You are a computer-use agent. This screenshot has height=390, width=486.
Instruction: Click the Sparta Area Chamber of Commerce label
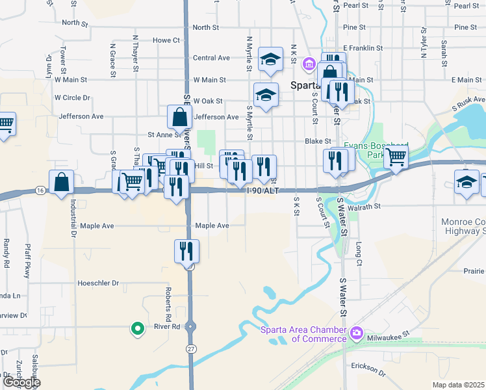click(x=303, y=333)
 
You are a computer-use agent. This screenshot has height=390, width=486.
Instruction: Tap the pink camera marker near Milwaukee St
click(x=356, y=334)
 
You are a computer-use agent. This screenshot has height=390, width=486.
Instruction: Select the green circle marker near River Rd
click(x=137, y=329)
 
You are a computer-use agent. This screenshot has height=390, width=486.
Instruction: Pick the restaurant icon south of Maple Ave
click(x=186, y=251)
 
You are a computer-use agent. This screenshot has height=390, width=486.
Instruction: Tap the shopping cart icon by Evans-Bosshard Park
click(x=396, y=157)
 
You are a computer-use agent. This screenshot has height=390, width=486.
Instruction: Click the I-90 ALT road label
click(x=263, y=190)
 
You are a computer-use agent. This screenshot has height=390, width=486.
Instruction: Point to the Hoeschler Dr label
click(x=98, y=283)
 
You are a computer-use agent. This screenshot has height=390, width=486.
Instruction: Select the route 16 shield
click(x=41, y=189)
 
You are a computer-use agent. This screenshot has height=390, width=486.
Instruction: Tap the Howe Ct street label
click(x=166, y=40)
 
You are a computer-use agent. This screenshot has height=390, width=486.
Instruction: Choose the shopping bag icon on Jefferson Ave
click(x=179, y=118)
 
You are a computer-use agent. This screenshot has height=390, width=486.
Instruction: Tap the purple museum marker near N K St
click(x=309, y=63)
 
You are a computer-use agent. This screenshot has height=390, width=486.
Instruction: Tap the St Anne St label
click(x=164, y=135)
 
